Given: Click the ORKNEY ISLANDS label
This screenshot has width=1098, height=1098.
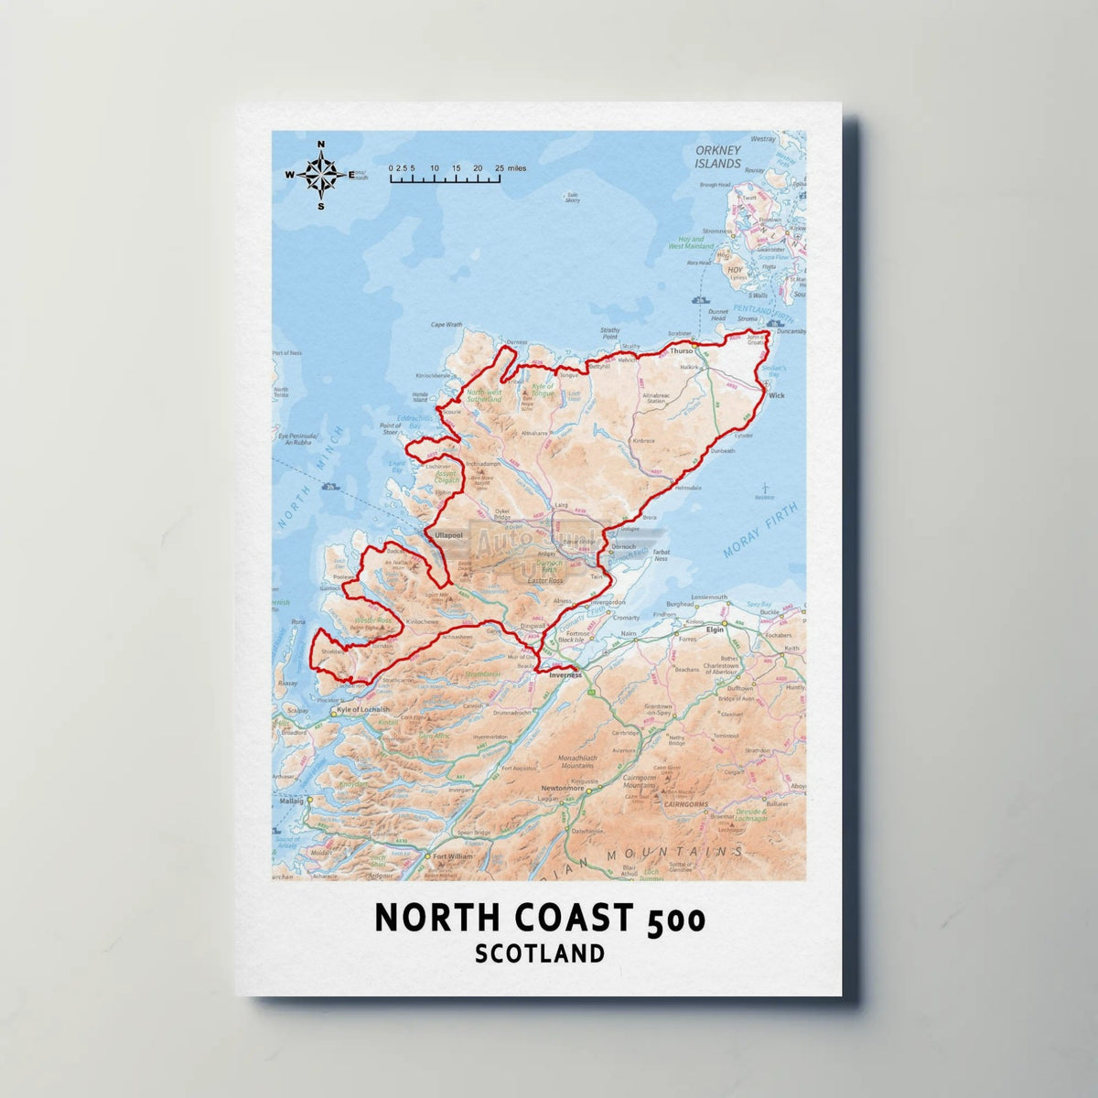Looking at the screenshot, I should point(716,157).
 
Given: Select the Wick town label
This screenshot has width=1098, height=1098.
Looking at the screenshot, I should point(777,396).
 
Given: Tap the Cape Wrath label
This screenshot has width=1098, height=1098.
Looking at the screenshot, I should point(447,325).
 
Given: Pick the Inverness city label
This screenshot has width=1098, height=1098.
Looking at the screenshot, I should point(565,675).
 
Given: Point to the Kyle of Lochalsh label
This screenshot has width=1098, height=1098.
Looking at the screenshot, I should point(363,710).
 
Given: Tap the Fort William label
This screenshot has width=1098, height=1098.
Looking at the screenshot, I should point(455,856).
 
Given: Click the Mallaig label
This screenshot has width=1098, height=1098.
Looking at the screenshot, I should point(290,800).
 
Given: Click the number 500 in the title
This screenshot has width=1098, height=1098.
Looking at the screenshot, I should point(676,919).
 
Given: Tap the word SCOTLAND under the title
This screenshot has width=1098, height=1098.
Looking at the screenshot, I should point(540,953).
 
